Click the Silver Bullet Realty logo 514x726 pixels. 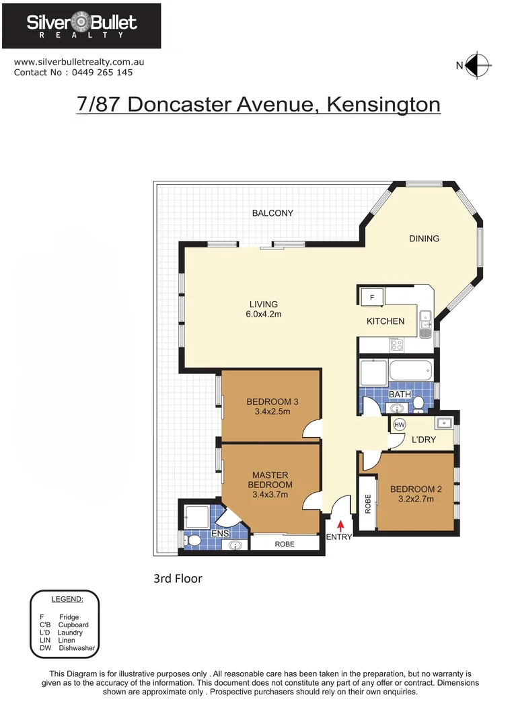pos(81,26)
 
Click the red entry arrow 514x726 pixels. pos(340,524)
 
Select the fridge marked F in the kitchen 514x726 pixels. pos(372,296)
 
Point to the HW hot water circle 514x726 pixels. pos(399,426)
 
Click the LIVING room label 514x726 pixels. pos(263,305)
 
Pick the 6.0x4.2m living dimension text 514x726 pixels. pos(263,315)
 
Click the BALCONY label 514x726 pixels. pos(272,213)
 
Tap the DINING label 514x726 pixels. pos(424,239)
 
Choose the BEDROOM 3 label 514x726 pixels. pos(272,402)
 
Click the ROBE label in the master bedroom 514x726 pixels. pos(285,544)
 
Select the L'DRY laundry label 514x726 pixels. pos(424,440)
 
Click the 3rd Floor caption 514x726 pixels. pos(178,578)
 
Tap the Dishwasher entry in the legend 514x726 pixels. pos(77,648)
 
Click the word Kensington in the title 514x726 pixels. pos(383,105)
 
